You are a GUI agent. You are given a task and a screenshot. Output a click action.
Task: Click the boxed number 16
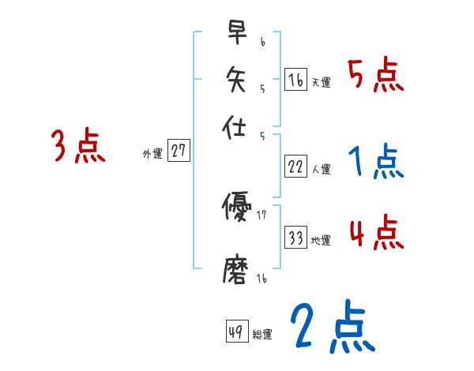click(295, 80)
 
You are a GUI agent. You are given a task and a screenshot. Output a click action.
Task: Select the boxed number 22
click(295, 166)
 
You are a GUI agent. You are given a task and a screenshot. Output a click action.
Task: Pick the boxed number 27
click(179, 152)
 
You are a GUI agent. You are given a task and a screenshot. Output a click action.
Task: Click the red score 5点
click(375, 78)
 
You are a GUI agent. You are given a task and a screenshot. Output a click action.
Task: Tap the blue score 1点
click(375, 163)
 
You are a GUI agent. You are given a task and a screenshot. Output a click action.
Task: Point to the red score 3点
click(77, 147)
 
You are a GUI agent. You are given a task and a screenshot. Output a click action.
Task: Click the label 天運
click(321, 82)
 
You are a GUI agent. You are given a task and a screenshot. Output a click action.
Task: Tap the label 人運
click(321, 168)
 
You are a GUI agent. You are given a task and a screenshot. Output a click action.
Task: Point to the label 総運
click(262, 334)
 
